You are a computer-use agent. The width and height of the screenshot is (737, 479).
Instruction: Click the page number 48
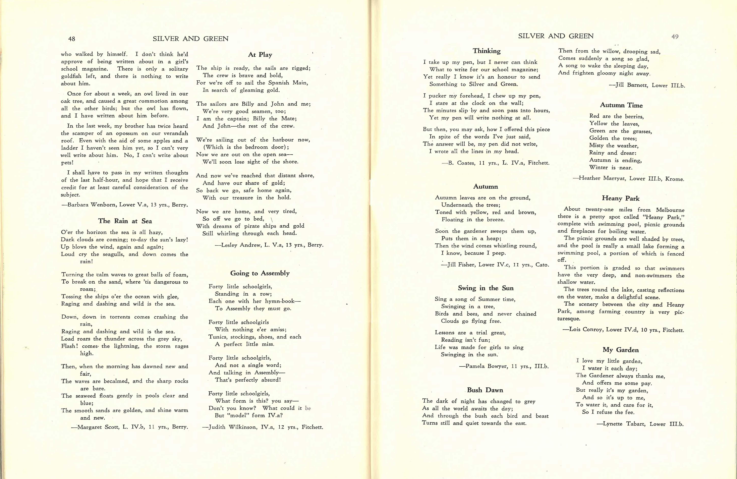(72, 39)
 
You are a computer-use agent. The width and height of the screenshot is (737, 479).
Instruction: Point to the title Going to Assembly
(260, 273)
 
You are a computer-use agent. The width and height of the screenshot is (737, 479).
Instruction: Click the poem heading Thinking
(486, 51)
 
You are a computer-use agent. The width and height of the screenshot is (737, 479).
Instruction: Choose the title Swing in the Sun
(486, 288)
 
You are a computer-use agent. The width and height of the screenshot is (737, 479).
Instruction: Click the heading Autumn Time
(621, 105)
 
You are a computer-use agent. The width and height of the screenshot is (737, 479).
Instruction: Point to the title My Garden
(621, 350)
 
